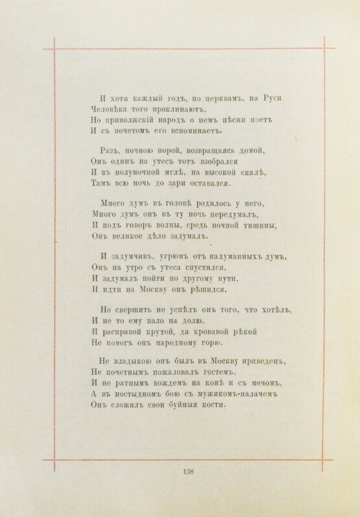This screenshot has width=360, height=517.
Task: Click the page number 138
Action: pos(189,472)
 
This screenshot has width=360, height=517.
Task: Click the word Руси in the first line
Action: pos(272,97)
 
